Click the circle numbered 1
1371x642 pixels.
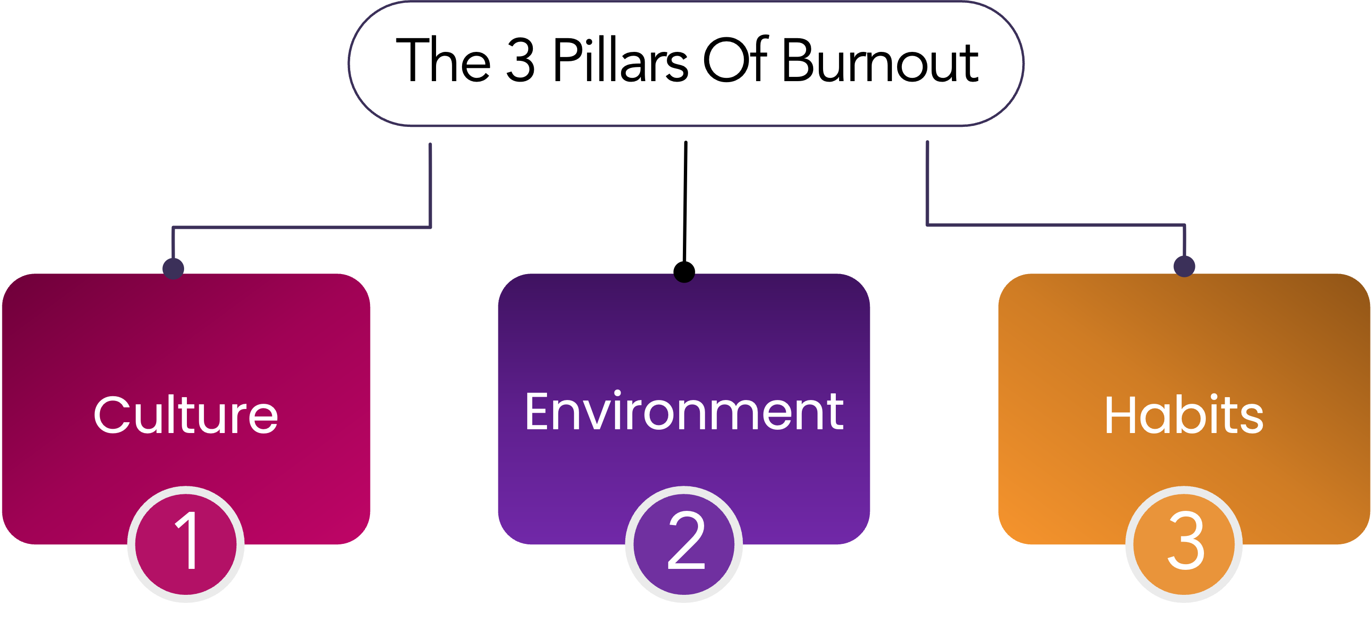(x=186, y=543)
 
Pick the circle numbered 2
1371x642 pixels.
(x=684, y=543)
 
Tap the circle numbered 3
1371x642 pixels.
(x=1184, y=543)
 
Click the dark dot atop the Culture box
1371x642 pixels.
(x=174, y=268)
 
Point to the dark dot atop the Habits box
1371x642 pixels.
(x=1184, y=266)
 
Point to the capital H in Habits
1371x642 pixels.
(x=1121, y=416)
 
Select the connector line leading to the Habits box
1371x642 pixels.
(x=1056, y=225)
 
